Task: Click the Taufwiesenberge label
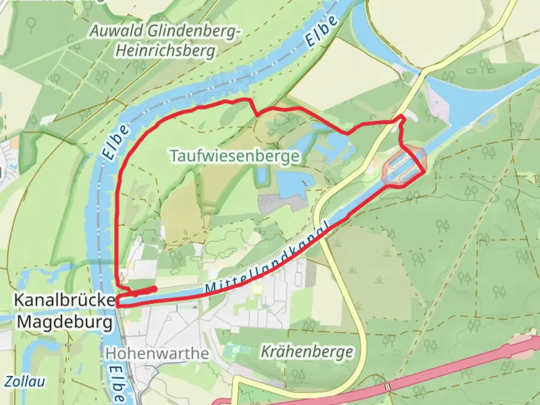pyautogui.click(x=235, y=156)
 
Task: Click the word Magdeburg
pyautogui.click(x=64, y=322)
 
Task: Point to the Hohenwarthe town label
pyautogui.click(x=157, y=353)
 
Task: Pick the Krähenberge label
pyautogui.click(x=306, y=352)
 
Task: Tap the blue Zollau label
pyautogui.click(x=25, y=382)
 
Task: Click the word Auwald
pyautogui.click(x=116, y=31)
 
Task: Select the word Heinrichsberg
pyautogui.click(x=165, y=51)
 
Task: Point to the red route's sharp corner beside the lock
pyautogui.click(x=424, y=172)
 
